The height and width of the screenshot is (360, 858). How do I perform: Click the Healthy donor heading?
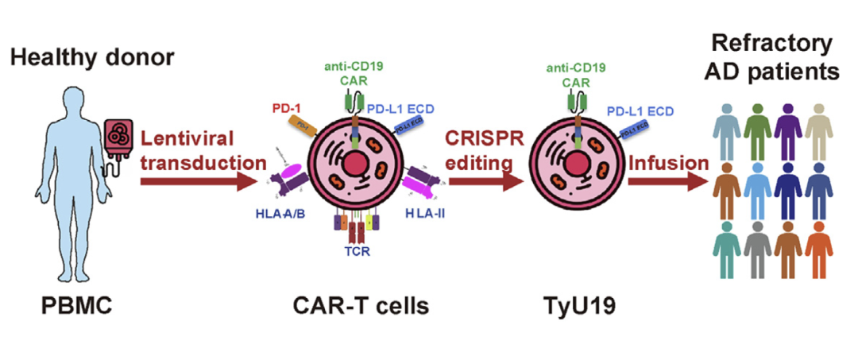tap(92, 57)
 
